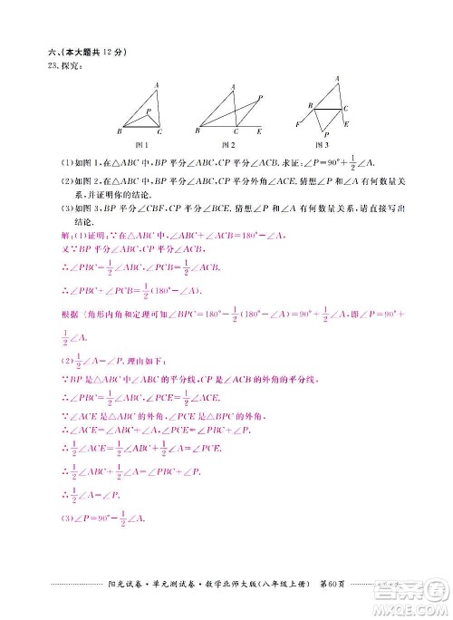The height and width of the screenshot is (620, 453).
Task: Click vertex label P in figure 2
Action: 261,97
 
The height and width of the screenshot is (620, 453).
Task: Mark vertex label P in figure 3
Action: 326,134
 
